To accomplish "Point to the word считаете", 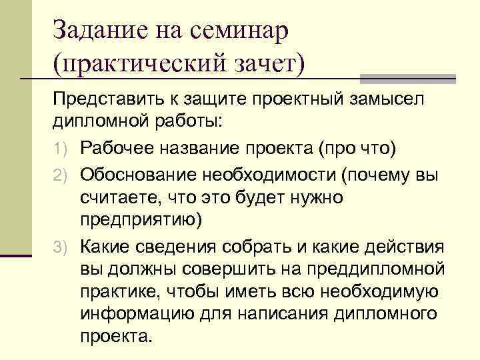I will tap(114, 197).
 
